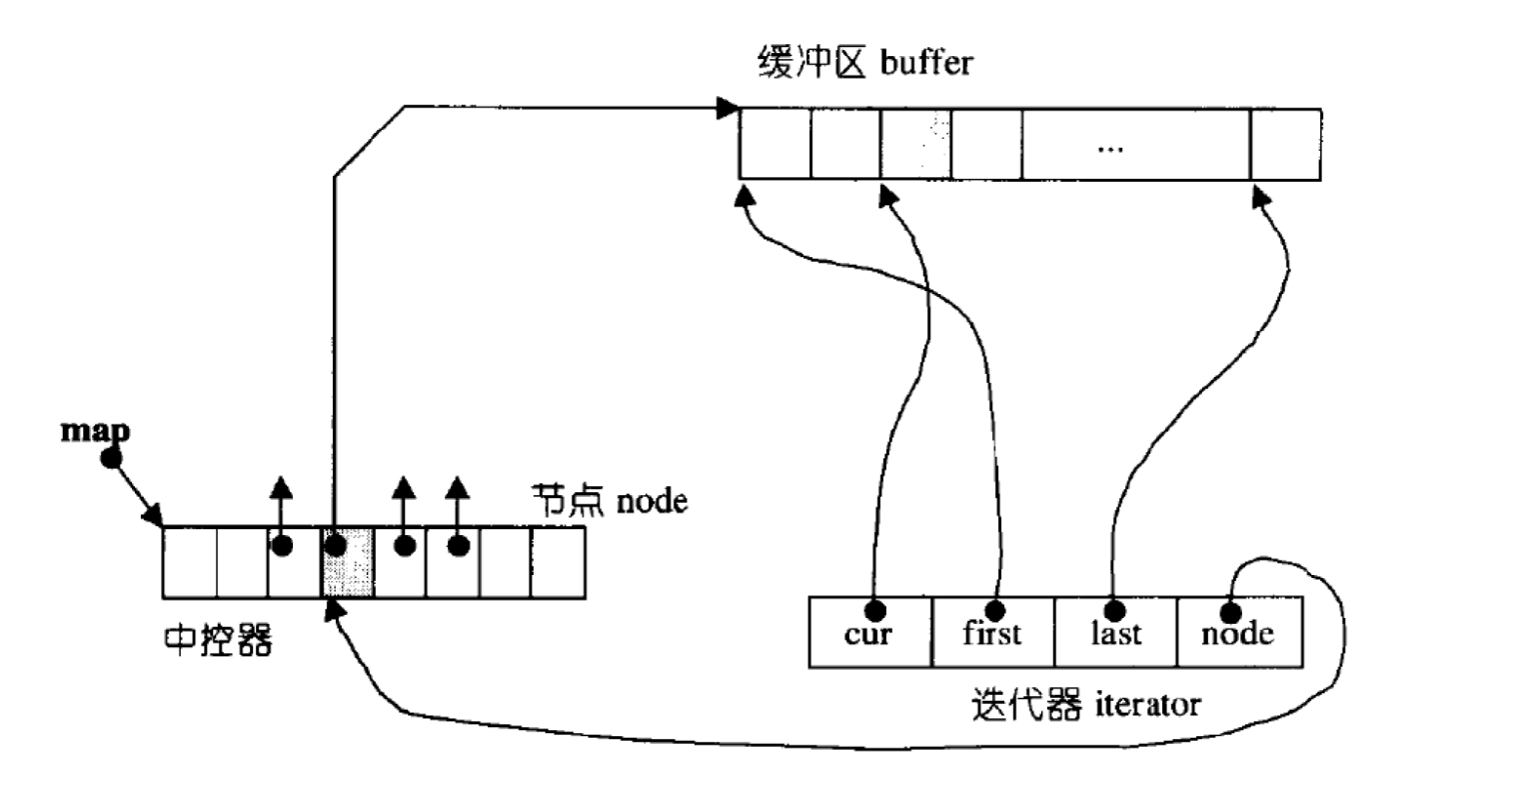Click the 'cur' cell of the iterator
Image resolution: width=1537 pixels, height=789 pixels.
pos(869,632)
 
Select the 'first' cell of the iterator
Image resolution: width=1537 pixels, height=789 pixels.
pos(992,632)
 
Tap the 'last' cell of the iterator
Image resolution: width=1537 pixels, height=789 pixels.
pos(1115,632)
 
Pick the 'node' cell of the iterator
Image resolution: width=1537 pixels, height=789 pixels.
pos(1239,632)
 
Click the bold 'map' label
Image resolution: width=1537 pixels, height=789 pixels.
pos(95,431)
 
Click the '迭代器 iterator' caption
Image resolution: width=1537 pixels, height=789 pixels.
pos(1085,704)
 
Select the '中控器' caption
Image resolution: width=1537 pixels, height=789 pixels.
pos(217,641)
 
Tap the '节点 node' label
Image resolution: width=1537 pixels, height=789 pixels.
pos(609,499)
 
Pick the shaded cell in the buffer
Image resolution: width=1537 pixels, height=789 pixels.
pos(915,144)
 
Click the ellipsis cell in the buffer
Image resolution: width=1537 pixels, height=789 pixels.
pos(1135,144)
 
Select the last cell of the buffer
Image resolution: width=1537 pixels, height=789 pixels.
pos(1285,144)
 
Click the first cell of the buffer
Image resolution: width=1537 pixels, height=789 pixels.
pos(774,144)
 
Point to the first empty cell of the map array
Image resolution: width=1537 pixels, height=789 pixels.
pos(190,562)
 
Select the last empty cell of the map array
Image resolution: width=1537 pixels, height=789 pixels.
pos(558,562)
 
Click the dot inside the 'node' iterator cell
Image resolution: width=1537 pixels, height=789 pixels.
pos(1230,610)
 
